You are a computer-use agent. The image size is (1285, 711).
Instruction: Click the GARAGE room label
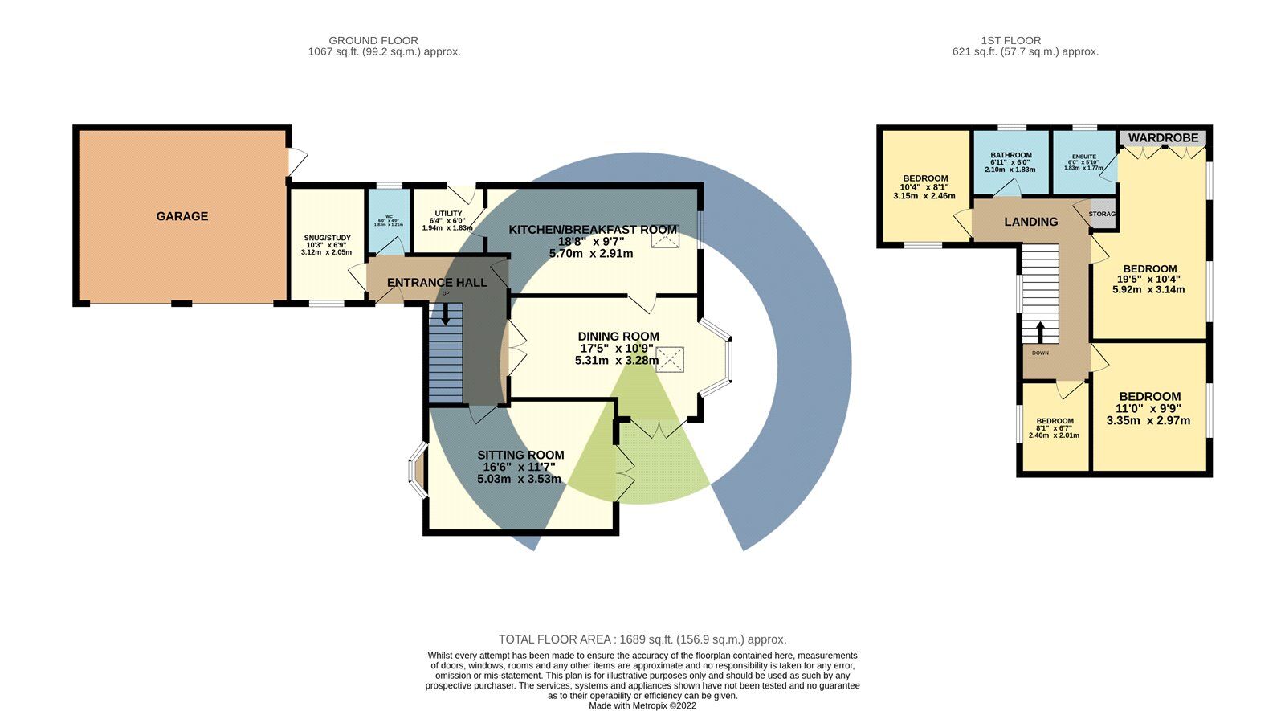pyautogui.click(x=182, y=216)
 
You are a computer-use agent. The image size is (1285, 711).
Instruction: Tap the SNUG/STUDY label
pyautogui.click(x=327, y=238)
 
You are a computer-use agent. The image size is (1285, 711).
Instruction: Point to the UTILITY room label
pyautogui.click(x=448, y=214)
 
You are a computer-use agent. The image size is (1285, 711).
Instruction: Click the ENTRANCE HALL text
pyautogui.click(x=437, y=283)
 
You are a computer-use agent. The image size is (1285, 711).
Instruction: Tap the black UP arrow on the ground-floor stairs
pyautogui.click(x=446, y=317)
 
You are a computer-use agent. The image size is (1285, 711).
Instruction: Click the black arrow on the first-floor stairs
pyautogui.click(x=1040, y=331)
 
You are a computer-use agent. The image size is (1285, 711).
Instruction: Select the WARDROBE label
pyautogui.click(x=1163, y=138)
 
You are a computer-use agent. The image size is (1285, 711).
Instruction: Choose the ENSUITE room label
pyautogui.click(x=1083, y=157)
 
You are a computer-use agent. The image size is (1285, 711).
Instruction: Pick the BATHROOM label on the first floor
pyautogui.click(x=1010, y=155)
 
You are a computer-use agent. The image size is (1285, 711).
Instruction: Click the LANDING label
pyautogui.click(x=1030, y=222)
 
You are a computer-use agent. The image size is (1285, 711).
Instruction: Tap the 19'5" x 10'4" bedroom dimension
pyautogui.click(x=1149, y=279)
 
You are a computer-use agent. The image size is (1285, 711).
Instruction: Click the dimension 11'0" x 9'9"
pyautogui.click(x=1149, y=408)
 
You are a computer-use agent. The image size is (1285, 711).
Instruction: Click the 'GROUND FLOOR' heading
pyautogui.click(x=373, y=40)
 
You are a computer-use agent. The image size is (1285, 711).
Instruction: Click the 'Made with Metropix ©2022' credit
pyautogui.click(x=642, y=706)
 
